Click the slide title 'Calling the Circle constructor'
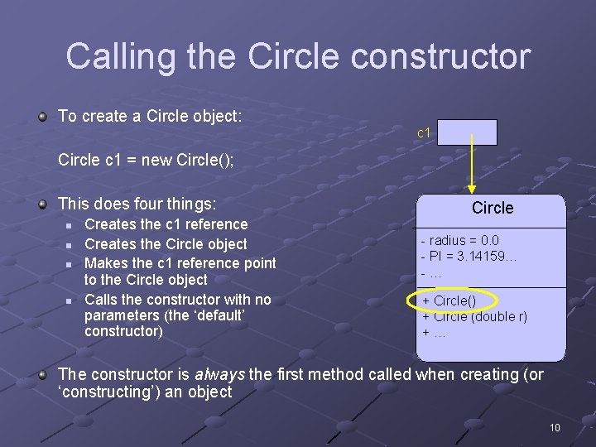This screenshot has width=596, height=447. tap(298, 56)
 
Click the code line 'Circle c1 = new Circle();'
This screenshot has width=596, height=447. tap(146, 160)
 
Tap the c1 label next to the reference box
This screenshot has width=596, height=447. tap(423, 132)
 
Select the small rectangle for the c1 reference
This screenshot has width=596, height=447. tap(467, 132)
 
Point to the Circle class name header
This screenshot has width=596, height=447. tap(493, 209)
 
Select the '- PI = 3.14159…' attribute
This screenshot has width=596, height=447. tap(469, 257)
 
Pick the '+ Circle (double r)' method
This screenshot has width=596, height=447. tap(474, 316)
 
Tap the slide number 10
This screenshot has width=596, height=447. tap(555, 427)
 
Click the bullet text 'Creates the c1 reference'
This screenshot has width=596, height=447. tap(166, 224)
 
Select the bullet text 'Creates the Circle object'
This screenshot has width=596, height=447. tap(166, 244)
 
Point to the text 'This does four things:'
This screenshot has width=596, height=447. tap(137, 203)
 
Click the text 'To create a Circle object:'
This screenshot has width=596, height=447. tap(150, 116)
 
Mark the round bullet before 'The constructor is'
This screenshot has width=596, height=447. tap(42, 375)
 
